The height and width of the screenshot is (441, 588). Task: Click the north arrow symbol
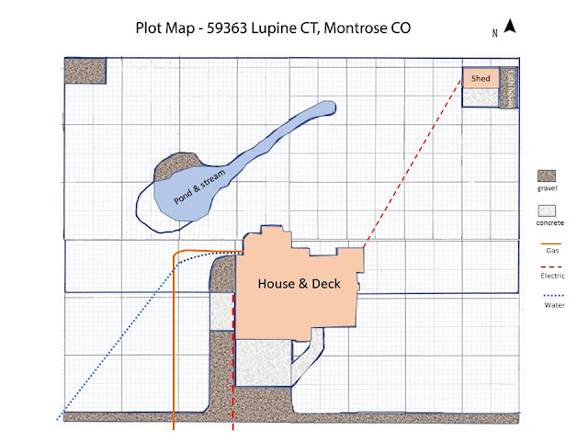pyautogui.click(x=510, y=28)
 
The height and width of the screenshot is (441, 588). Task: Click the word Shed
pyautogui.click(x=481, y=78)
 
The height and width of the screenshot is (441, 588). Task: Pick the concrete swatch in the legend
pyautogui.click(x=548, y=211)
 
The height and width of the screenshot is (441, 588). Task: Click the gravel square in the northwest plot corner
pyautogui.click(x=85, y=71)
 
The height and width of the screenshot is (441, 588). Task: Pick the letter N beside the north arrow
pyautogui.click(x=495, y=32)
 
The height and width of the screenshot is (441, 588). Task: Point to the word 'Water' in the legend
pyautogui.click(x=551, y=305)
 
